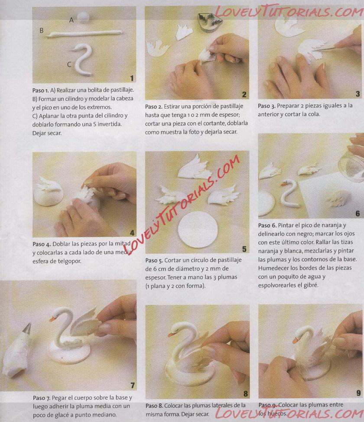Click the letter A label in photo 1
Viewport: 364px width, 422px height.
[71, 20]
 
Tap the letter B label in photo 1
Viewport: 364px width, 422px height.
[42, 30]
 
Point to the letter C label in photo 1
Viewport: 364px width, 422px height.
[69, 64]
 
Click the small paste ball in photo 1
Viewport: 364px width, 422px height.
[83, 17]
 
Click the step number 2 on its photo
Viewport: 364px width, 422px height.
[244, 94]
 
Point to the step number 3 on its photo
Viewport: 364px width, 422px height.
[358, 93]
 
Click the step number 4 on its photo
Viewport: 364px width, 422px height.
[132, 233]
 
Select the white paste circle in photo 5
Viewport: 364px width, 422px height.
[198, 229]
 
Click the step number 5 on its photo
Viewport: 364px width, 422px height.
[244, 249]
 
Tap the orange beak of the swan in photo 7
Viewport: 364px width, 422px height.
[52, 319]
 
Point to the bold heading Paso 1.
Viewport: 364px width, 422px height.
[40, 90]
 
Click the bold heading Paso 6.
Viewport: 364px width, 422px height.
[267, 225]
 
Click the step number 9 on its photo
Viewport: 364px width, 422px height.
[358, 393]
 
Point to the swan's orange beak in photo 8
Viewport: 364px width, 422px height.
[171, 335]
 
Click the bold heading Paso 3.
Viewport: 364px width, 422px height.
[266, 106]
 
